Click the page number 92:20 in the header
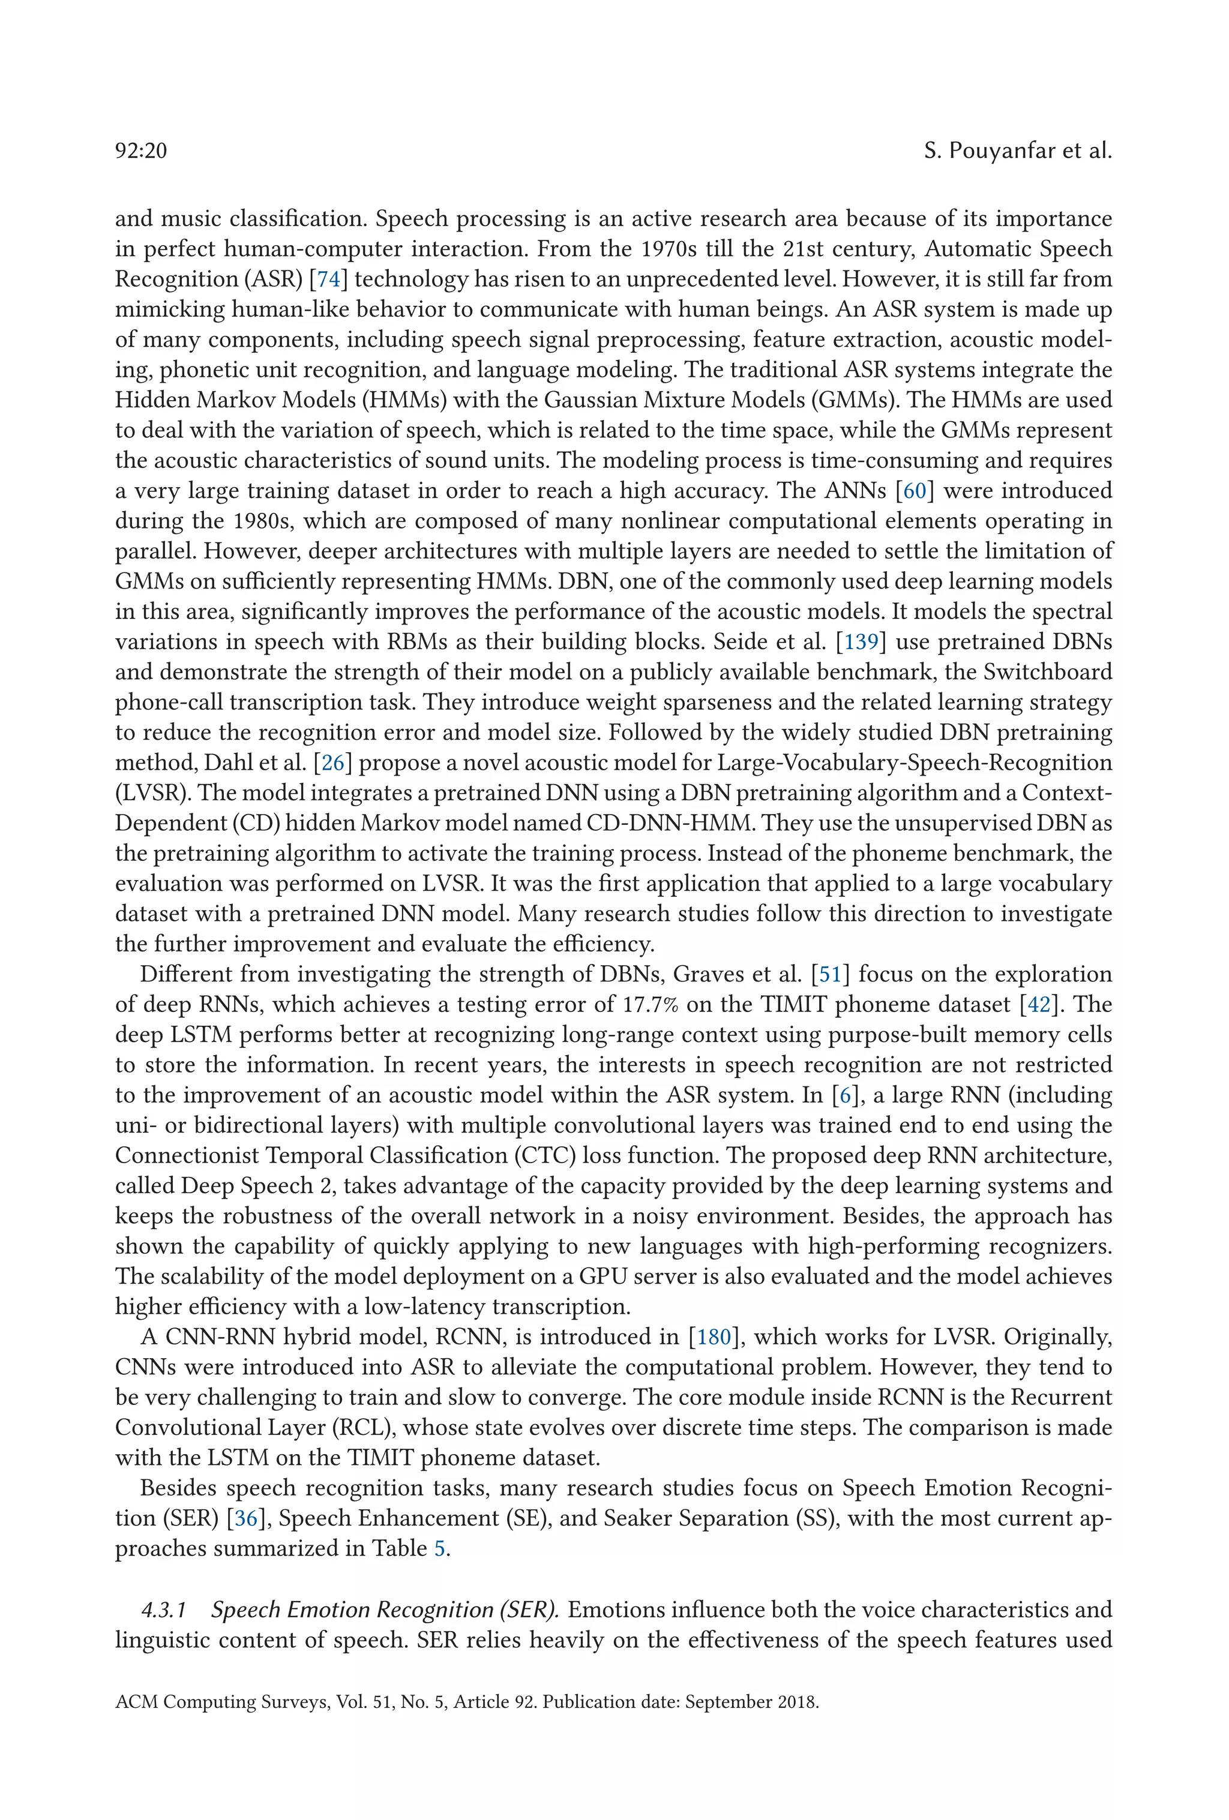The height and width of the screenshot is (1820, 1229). pyautogui.click(x=141, y=151)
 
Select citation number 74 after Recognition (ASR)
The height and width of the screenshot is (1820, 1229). pyautogui.click(x=328, y=280)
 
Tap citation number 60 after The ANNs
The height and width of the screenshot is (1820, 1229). pyautogui.click(x=914, y=491)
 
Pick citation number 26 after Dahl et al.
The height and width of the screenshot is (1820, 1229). pyautogui.click(x=331, y=763)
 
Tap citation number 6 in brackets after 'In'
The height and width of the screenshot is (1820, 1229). pyautogui.click(x=844, y=1095)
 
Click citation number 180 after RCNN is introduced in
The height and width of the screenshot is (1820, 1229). pyautogui.click(x=714, y=1337)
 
